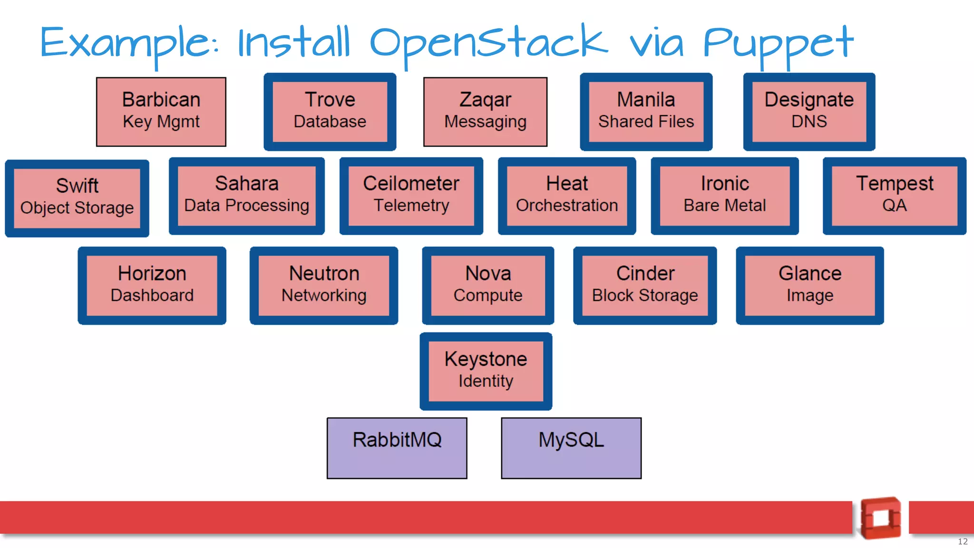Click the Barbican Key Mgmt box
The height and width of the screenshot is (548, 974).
coord(161,112)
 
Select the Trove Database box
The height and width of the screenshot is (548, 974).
coord(330,112)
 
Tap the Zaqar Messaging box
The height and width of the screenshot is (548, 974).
coord(485,112)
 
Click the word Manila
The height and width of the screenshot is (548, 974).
coord(646,100)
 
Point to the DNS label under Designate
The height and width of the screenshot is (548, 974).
coord(809,122)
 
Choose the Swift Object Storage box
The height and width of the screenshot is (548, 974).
coord(77,198)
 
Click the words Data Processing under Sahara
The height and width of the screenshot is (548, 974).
coord(246,205)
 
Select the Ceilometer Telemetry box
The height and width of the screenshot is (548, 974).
coord(411,196)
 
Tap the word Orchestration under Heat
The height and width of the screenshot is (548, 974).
coord(567,205)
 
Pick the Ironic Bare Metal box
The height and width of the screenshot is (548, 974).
coord(724,196)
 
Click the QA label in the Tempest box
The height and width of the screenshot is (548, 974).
coord(894,205)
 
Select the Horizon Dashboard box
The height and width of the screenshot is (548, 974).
coord(152,285)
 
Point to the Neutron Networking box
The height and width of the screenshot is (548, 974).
coord(324,285)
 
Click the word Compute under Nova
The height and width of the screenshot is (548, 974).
coord(488,295)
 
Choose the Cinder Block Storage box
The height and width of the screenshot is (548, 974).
coord(645,285)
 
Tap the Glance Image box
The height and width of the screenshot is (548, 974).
coord(809,285)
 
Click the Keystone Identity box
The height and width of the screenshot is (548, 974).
coord(486,371)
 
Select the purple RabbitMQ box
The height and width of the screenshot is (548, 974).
coord(397,448)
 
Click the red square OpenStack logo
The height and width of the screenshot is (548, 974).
coord(881,518)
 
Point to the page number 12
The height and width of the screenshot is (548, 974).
coord(963,541)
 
